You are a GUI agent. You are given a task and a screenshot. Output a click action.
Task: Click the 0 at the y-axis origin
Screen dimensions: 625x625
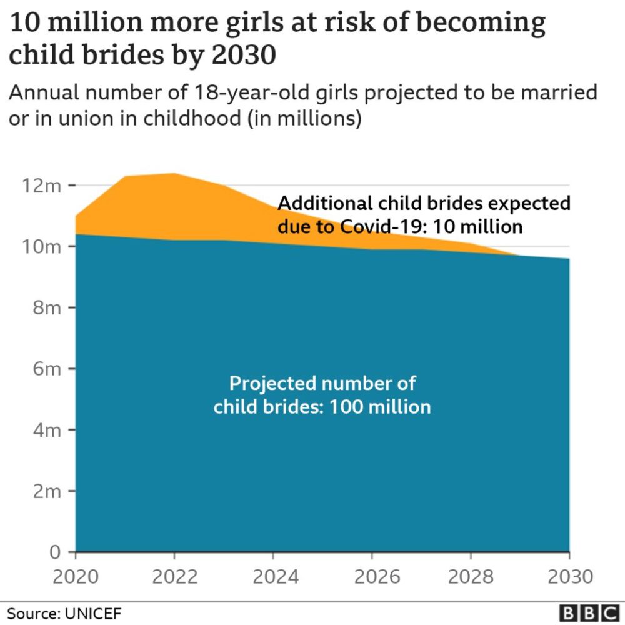point(55,552)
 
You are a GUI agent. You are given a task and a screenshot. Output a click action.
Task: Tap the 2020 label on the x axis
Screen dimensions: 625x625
point(76,576)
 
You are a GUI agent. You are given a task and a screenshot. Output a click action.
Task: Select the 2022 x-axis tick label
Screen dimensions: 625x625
point(174,576)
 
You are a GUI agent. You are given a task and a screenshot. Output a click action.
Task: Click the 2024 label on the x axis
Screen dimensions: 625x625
point(273,576)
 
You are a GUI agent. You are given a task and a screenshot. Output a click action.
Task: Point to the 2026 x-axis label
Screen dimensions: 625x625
point(372,576)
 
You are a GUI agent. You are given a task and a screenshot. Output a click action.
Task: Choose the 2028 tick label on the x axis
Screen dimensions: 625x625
point(471,576)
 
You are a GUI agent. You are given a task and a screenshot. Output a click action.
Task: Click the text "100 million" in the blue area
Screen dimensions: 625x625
point(381,406)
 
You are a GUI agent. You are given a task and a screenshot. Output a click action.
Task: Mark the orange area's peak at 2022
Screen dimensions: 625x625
point(174,174)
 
